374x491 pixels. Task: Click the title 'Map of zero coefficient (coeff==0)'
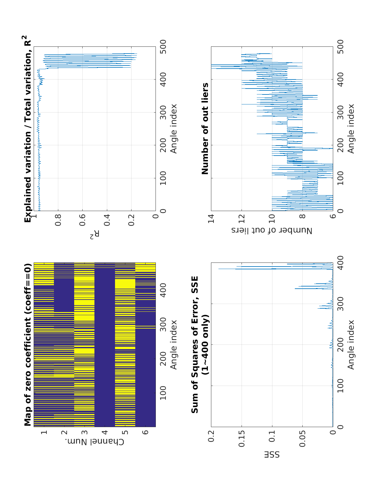click(x=28, y=344)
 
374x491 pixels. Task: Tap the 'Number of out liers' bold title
click(x=205, y=128)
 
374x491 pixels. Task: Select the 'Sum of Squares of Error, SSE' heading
click(x=195, y=344)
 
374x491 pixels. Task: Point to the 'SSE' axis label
click(x=272, y=455)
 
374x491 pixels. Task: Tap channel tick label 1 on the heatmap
click(x=44, y=432)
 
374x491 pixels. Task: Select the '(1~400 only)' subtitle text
click(x=205, y=344)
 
